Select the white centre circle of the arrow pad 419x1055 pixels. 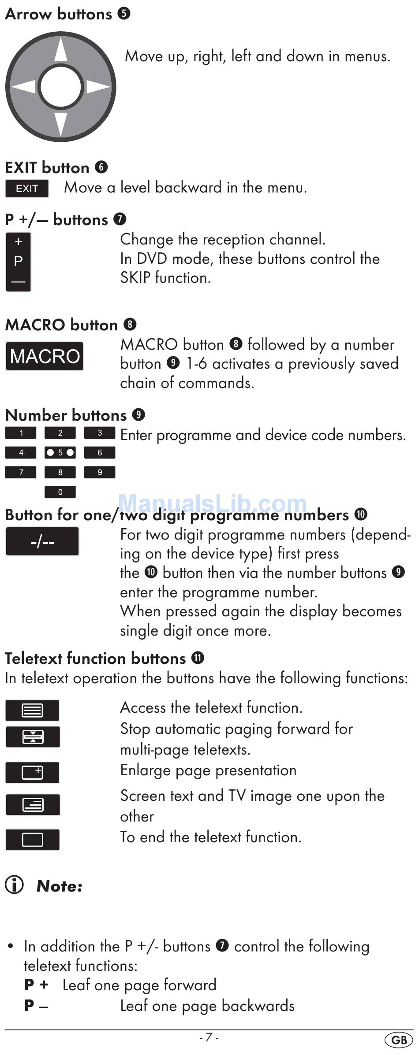pos(61,86)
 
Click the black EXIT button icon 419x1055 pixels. pos(27,189)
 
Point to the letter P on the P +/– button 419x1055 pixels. pos(18,261)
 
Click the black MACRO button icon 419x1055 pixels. pos(45,356)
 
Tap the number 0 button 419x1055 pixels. pos(60,492)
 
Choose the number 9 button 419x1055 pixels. pos(100,472)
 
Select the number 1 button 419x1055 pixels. pos(21,433)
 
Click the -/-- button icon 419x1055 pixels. pos(42,541)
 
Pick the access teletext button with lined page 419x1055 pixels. pos(33,710)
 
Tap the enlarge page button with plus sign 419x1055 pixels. pos(33,773)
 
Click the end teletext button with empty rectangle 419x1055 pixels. pos(33,840)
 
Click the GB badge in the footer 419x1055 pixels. pos(399,1040)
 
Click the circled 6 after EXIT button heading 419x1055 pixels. pos(101,167)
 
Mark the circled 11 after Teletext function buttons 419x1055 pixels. pos(198,658)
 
